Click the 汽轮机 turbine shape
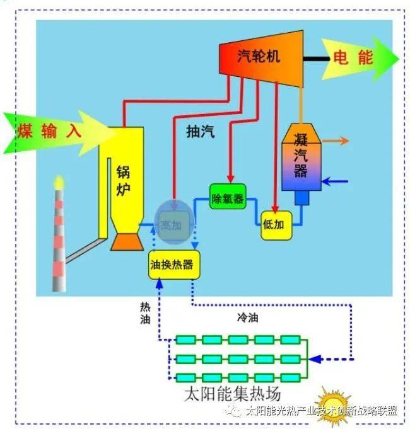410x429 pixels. tap(261, 59)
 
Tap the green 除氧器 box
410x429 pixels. tap(228, 197)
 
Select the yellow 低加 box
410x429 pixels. tap(276, 226)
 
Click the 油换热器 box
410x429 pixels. tap(174, 265)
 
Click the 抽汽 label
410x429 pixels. tap(201, 131)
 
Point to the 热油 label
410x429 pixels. tap(145, 312)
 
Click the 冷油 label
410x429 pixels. tap(248, 317)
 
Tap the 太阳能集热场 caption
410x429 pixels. tap(233, 394)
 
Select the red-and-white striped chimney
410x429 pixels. tap(59, 240)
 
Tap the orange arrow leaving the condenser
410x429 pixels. tap(336, 140)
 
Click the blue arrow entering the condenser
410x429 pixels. tap(335, 181)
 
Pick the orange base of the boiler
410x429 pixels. tap(127, 242)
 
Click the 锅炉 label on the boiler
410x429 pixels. tap(123, 181)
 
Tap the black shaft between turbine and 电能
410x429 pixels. tap(317, 59)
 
